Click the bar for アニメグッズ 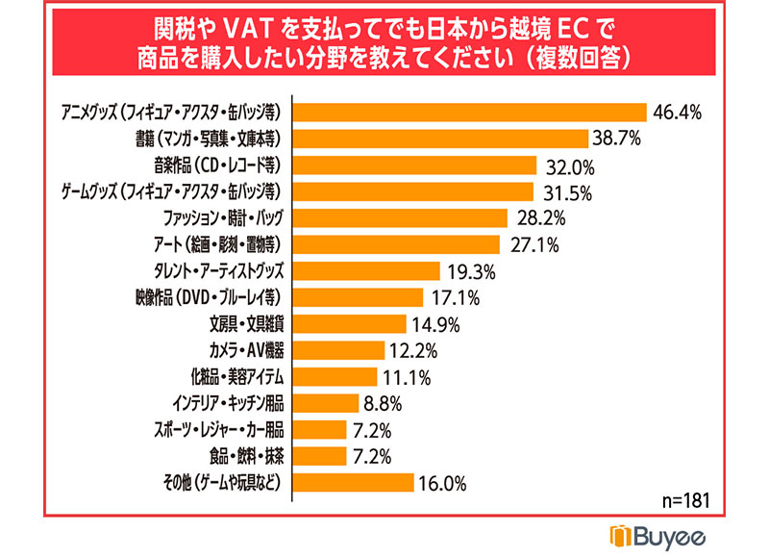click(x=468, y=113)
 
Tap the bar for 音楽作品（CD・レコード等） click(x=413, y=165)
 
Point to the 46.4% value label click(x=678, y=113)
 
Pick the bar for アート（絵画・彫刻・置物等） click(x=395, y=243)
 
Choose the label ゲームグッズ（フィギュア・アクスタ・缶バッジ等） click(x=196, y=191)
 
